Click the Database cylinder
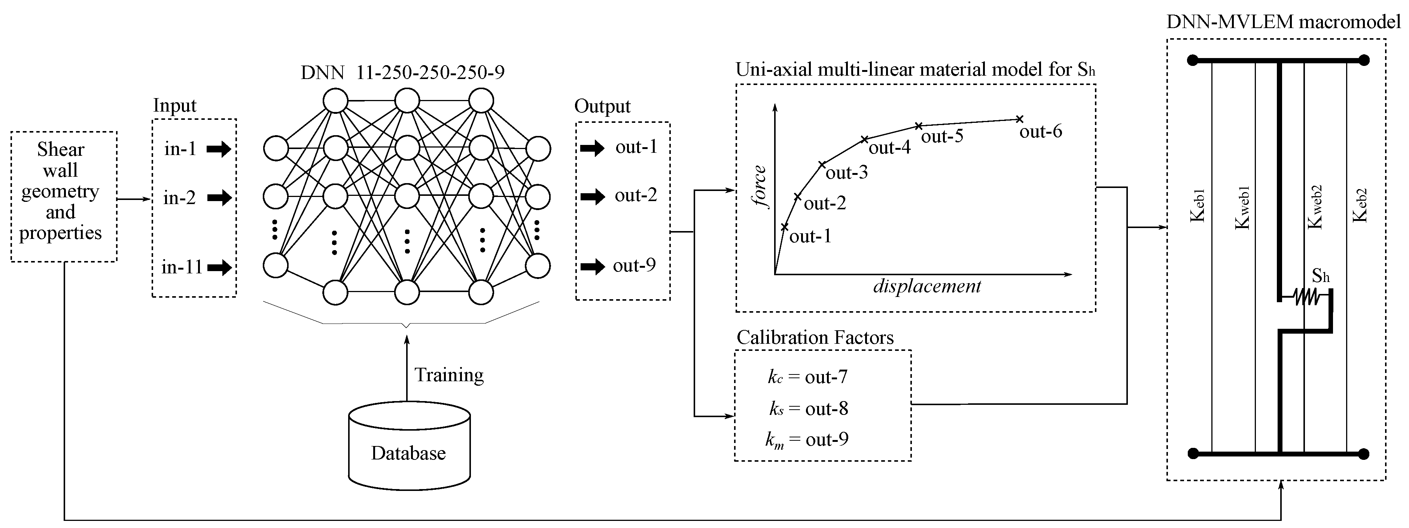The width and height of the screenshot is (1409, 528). tap(409, 446)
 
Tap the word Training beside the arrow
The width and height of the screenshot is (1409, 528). tap(448, 375)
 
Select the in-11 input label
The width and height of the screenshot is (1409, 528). tap(182, 267)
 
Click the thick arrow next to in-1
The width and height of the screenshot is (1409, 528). tap(219, 149)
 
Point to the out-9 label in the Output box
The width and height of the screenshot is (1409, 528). tap(634, 266)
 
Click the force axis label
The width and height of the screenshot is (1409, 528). tap(759, 187)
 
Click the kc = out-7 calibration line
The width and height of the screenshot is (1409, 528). tap(807, 377)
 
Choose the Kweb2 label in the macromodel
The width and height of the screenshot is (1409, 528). tap(1315, 206)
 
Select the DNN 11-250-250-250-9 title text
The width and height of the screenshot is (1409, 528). tap(402, 72)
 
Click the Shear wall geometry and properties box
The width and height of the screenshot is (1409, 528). tap(63, 196)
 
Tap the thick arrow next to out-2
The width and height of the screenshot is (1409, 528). tap(592, 197)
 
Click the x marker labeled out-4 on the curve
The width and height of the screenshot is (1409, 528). tap(864, 140)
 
